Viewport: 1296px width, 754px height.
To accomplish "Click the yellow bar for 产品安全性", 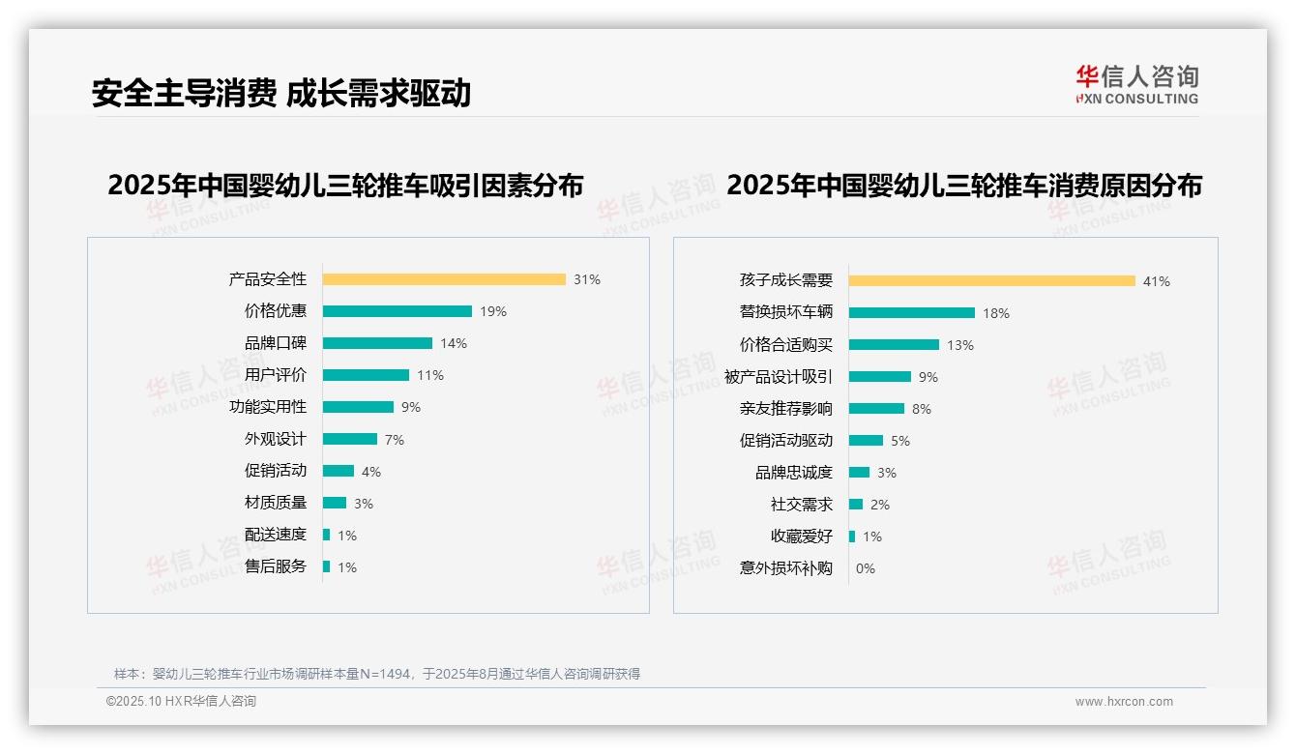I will coord(444,279).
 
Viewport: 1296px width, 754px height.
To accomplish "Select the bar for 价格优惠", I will coord(398,311).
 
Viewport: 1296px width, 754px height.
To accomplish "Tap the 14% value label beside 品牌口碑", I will coord(454,343).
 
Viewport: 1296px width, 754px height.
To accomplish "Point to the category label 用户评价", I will coord(275,375).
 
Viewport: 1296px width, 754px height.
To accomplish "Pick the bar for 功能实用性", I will coord(358,407).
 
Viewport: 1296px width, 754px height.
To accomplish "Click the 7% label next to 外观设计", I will coord(395,440).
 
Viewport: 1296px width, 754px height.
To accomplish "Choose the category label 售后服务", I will coord(275,566).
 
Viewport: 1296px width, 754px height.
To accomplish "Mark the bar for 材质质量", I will coord(335,503).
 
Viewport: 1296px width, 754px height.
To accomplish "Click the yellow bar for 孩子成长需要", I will coord(992,281).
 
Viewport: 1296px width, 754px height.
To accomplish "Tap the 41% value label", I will coord(1157,281).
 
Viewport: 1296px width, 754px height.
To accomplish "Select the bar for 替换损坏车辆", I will coord(912,312).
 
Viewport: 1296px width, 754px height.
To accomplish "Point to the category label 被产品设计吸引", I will coord(778,377).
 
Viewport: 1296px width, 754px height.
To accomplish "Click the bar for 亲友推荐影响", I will coord(876,409).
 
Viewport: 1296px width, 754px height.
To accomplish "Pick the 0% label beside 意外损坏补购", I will coord(866,568).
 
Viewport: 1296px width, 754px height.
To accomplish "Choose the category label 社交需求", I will coord(801,505).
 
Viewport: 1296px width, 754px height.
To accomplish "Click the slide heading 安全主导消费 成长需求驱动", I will coord(281,93).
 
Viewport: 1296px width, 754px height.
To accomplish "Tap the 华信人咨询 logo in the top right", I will coord(1136,85).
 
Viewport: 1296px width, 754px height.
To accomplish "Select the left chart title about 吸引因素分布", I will coord(345,186).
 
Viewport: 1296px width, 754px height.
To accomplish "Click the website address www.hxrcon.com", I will coord(1124,702).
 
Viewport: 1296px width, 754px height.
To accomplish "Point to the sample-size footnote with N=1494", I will coord(377,674).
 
